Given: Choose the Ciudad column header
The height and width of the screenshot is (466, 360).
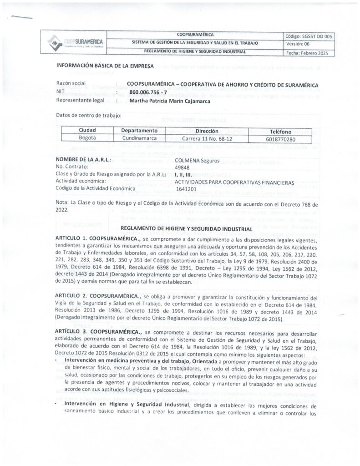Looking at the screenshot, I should [x=87, y=130].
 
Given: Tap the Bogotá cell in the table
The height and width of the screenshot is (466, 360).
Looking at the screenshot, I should [x=87, y=137].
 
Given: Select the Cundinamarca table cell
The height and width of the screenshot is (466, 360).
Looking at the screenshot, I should [x=139, y=137].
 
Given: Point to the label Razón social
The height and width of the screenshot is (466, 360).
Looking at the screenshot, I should [x=71, y=85].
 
